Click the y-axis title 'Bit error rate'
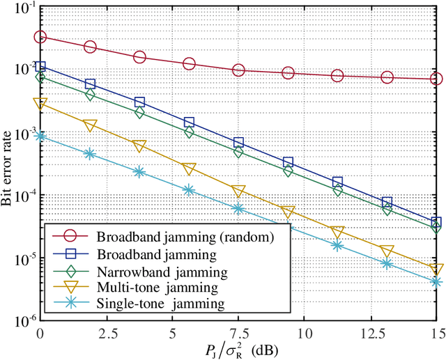10,162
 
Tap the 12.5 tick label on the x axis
371,329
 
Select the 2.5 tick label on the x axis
106,329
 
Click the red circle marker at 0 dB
40,38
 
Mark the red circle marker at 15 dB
437,79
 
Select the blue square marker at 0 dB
40,67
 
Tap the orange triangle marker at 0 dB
40,104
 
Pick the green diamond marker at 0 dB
40,77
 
